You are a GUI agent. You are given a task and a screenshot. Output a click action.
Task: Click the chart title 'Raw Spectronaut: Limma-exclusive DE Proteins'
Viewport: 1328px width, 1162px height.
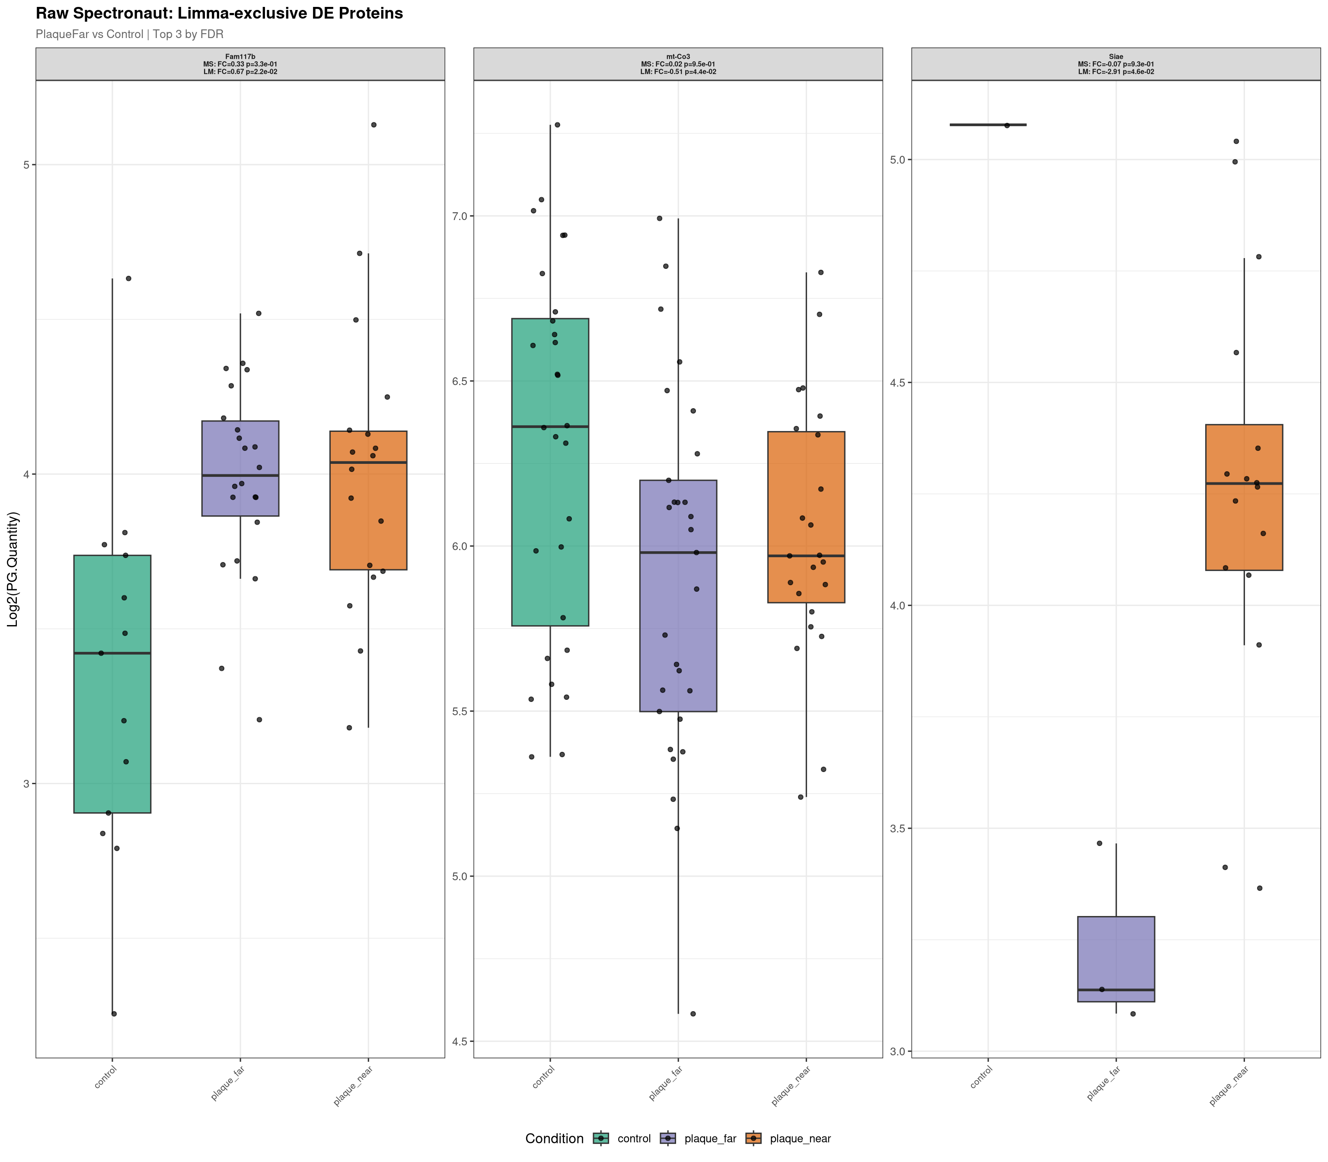[x=219, y=14]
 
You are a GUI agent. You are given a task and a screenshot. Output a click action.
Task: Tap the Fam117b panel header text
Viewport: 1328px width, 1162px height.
[x=240, y=64]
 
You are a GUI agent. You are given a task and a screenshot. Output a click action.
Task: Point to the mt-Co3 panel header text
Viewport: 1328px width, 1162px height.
[x=678, y=64]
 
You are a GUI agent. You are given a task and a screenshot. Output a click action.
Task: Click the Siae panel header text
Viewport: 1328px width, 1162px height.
[x=1116, y=64]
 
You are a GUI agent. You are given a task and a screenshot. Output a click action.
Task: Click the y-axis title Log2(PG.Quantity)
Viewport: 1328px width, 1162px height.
[x=13, y=569]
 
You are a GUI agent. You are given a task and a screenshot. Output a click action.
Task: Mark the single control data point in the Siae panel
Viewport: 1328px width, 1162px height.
[x=1007, y=125]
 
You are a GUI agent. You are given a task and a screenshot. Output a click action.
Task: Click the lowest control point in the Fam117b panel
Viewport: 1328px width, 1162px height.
[x=114, y=1013]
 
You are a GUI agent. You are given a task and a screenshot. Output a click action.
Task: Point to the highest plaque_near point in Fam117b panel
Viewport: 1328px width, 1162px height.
[x=373, y=124]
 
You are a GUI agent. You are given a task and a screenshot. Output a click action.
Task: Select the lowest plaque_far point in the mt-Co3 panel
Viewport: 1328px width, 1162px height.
[x=693, y=1013]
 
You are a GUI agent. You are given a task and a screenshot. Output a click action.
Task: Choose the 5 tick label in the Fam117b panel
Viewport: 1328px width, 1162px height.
[x=27, y=165]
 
